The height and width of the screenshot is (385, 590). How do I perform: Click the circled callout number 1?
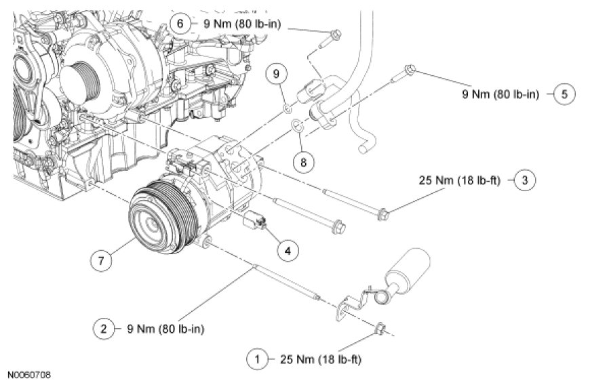[x=257, y=359]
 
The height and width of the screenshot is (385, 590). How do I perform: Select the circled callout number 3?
[x=524, y=180]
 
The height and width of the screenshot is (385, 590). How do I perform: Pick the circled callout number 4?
[x=288, y=250]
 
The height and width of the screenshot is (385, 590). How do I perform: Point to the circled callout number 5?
[x=564, y=94]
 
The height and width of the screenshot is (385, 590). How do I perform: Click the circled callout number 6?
[x=180, y=24]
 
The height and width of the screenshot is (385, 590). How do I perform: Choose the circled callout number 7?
[x=101, y=260]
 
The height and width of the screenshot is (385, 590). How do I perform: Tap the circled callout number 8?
[x=303, y=162]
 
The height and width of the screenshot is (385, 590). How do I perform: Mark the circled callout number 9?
[x=277, y=74]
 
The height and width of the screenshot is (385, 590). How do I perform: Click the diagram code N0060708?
[x=28, y=376]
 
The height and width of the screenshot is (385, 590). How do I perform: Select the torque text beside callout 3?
[x=460, y=180]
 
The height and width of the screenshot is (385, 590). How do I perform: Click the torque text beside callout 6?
[x=242, y=24]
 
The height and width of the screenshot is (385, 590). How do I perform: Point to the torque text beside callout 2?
[x=165, y=329]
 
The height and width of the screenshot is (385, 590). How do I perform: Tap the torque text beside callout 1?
[x=321, y=359]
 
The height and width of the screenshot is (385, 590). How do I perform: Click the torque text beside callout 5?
[x=501, y=94]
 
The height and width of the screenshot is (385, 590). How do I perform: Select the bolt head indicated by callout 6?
[x=336, y=35]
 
